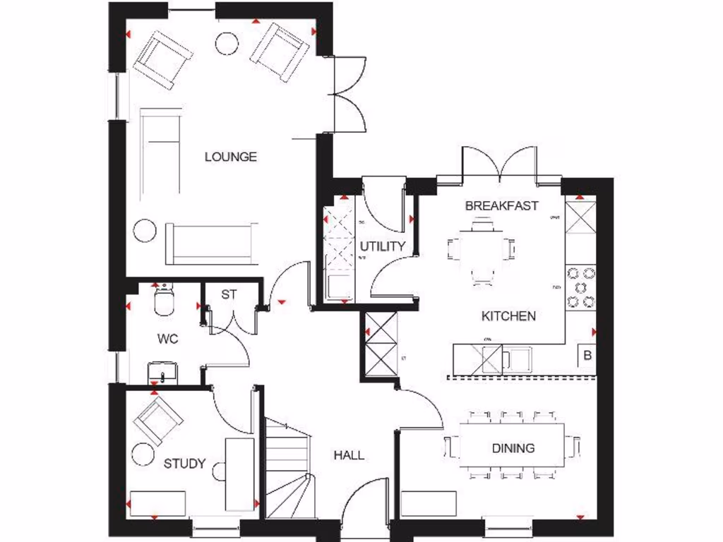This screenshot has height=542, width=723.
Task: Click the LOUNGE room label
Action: click(x=230, y=157)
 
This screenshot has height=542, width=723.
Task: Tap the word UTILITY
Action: click(x=383, y=246)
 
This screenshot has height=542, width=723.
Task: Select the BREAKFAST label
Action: click(x=501, y=206)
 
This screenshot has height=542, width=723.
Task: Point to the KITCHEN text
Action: click(x=508, y=315)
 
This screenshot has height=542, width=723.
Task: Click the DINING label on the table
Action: click(x=513, y=447)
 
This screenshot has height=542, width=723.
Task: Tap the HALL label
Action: click(x=349, y=455)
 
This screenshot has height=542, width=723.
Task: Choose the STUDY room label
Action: click(x=184, y=464)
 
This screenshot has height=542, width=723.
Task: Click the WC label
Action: click(x=167, y=339)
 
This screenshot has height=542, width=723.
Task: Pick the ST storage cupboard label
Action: click(x=229, y=294)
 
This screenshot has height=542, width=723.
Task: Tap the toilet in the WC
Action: click(x=163, y=300)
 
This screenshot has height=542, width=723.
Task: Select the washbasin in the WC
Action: click(x=163, y=371)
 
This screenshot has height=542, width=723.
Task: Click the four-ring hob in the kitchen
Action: click(x=580, y=287)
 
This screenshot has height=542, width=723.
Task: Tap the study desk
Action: click(x=239, y=473)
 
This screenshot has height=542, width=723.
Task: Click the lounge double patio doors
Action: click(x=347, y=93)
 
